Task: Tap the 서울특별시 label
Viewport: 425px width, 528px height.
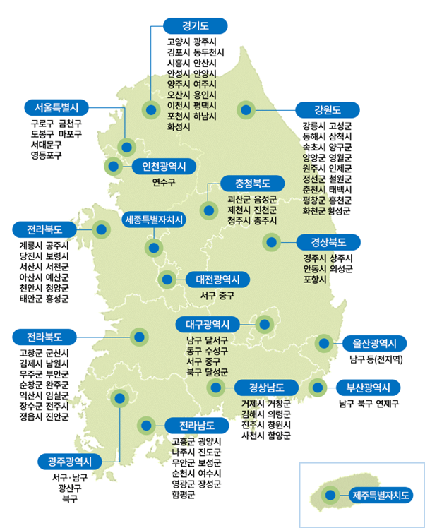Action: pyautogui.click(x=56, y=108)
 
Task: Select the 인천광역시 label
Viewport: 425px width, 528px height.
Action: pyautogui.click(x=164, y=167)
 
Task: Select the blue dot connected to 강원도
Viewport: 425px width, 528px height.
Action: pyautogui.click(x=246, y=109)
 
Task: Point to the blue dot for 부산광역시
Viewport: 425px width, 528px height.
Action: pyautogui.click(x=316, y=387)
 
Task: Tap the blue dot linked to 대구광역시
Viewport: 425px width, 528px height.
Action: pyautogui.click(x=264, y=325)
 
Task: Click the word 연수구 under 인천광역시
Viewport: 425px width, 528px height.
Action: pyautogui.click(x=164, y=182)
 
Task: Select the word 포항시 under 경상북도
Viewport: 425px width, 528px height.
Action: pyautogui.click(x=315, y=279)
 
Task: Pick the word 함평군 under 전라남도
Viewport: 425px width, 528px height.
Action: pyautogui.click(x=184, y=494)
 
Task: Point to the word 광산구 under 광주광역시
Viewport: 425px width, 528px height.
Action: pyautogui.click(x=70, y=488)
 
